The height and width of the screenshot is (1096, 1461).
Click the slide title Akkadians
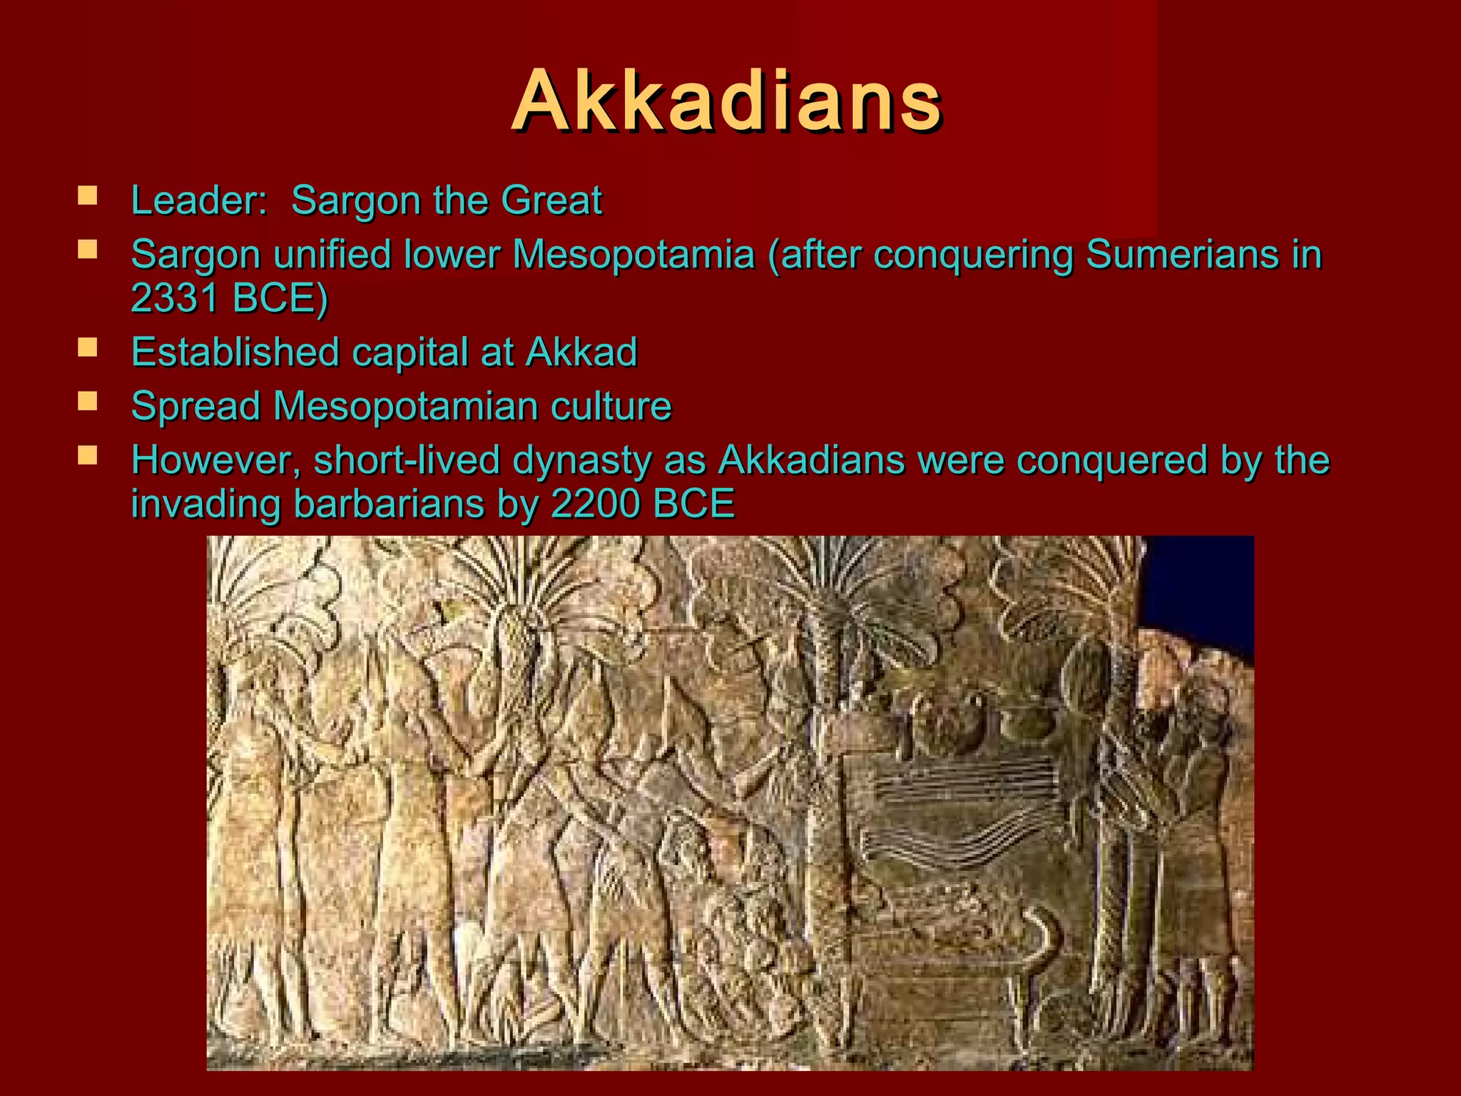(x=726, y=101)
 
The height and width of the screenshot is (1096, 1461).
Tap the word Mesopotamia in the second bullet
(x=633, y=255)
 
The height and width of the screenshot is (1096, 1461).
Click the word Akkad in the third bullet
(x=581, y=352)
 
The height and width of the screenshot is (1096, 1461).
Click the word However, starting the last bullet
(x=216, y=460)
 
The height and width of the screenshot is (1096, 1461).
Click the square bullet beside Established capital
(x=88, y=347)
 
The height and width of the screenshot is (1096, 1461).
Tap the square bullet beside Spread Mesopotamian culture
(x=88, y=402)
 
